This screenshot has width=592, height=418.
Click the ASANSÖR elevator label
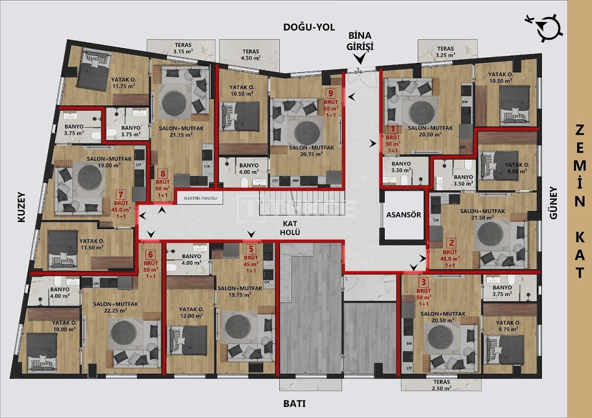403,215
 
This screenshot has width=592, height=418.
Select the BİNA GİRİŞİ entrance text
360,41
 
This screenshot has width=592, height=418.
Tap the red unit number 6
150,254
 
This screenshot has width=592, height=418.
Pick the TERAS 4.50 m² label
250,55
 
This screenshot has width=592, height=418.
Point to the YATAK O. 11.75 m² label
123,82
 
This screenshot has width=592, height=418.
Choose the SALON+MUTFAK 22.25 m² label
110,307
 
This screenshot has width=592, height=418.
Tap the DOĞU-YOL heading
308,27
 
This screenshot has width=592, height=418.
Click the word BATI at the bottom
294,403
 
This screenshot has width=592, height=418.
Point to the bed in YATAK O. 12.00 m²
187,341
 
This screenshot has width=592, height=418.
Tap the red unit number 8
162,174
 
